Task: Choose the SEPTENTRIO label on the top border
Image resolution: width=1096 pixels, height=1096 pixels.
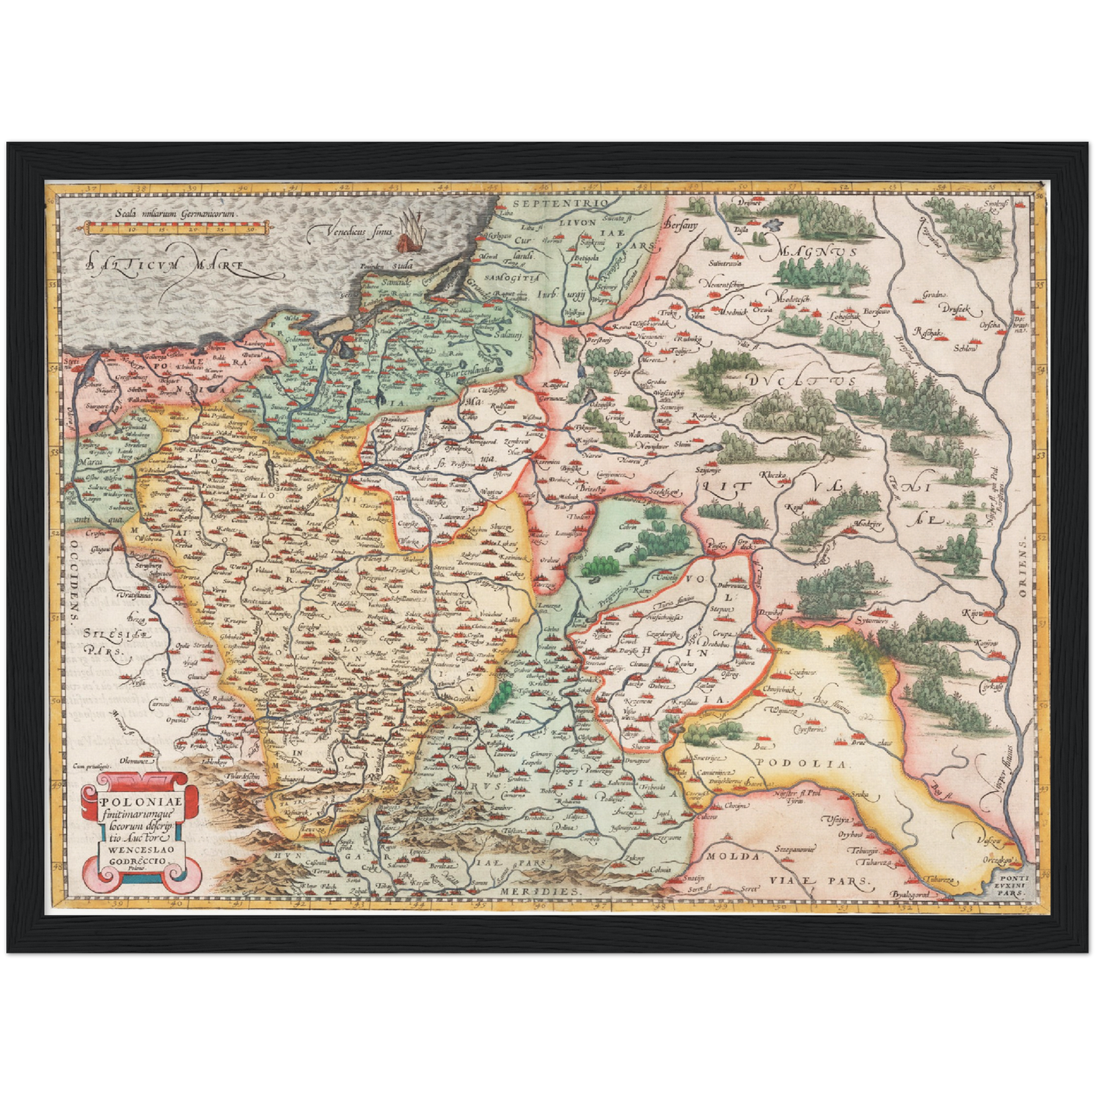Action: point(559,204)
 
